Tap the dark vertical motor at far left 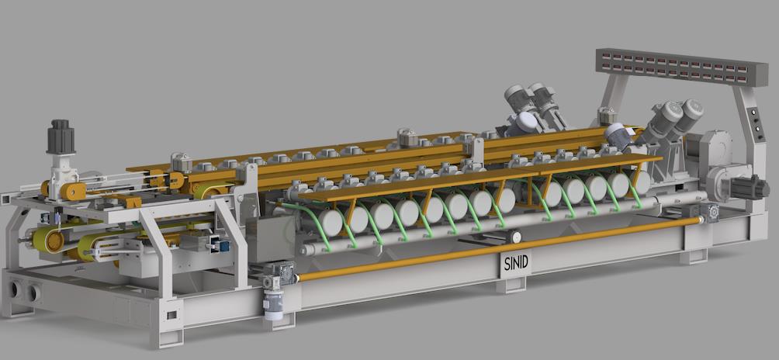61,138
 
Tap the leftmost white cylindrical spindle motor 331,223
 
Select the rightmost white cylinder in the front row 640,182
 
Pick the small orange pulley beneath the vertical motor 74,191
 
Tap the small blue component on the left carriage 222,247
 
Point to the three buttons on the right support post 751,121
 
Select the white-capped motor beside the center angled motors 525,122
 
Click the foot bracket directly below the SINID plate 511,285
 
